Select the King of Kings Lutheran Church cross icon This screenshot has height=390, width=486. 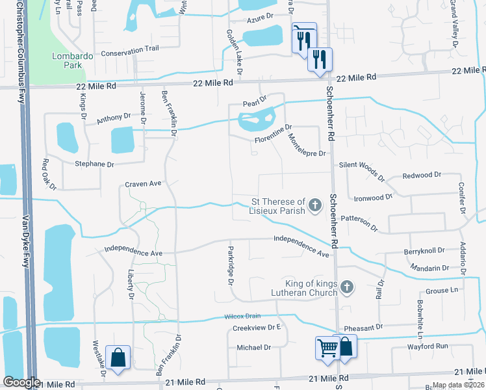click(x=347, y=287)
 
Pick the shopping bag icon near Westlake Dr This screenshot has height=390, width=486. click(x=118, y=357)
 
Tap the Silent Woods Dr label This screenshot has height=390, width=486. click(x=361, y=169)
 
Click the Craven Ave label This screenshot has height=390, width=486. click(x=143, y=184)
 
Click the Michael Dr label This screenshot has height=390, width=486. click(x=253, y=348)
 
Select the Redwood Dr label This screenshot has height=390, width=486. click(x=422, y=175)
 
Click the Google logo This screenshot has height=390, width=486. click(x=21, y=382)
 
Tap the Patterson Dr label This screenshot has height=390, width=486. click(x=359, y=222)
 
